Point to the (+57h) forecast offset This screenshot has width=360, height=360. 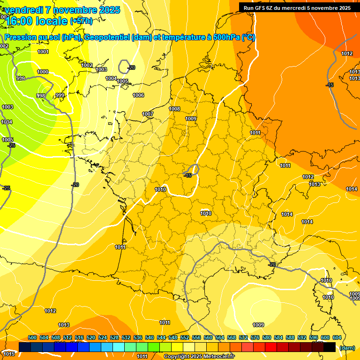click(x=81, y=21)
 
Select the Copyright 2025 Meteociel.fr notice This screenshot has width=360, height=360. click(x=199, y=356)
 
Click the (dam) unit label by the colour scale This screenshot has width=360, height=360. click(x=347, y=348)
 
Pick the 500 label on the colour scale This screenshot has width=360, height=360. click(x=32, y=337)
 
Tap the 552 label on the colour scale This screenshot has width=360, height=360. click(x=185, y=337)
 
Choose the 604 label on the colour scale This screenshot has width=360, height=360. click(x=337, y=337)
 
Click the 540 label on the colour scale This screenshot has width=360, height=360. click(x=150, y=337)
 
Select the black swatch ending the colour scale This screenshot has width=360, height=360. click(x=330, y=347)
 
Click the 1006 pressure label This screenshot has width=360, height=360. click(x=138, y=95)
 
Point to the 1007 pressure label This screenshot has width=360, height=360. click(x=148, y=114)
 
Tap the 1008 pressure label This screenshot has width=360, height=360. click(x=174, y=109)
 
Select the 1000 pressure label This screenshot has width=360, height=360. click(x=43, y=72)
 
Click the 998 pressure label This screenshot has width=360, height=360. click(x=41, y=96)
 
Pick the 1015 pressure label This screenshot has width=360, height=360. click(x=8, y=353)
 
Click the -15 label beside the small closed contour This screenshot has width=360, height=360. click(x=188, y=175)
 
